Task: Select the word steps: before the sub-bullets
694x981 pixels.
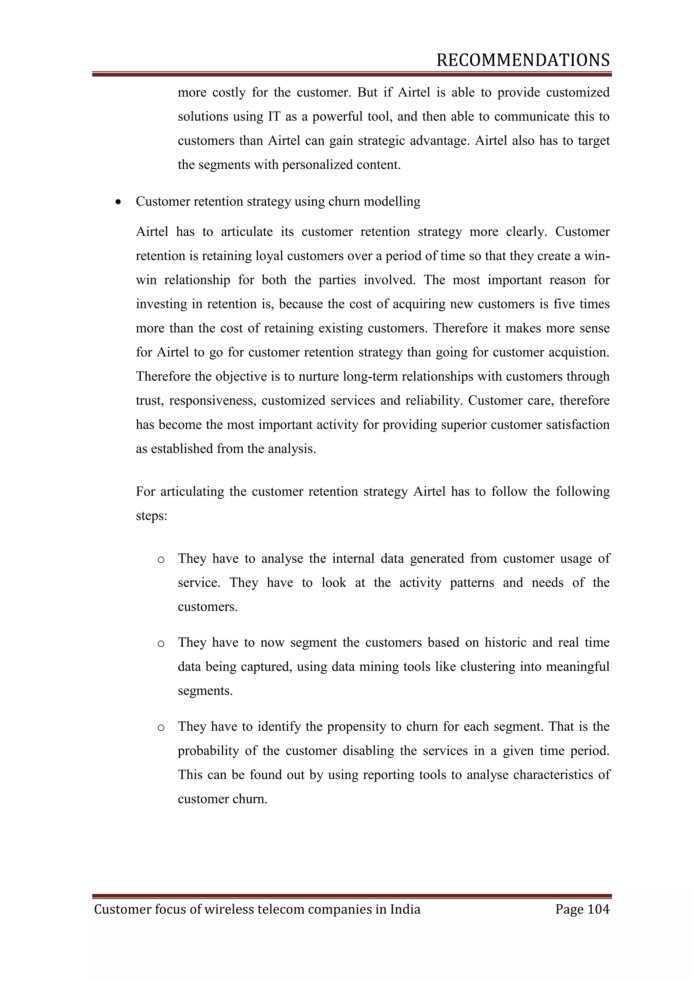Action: pos(151,516)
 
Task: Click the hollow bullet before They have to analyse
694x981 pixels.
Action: pos(161,559)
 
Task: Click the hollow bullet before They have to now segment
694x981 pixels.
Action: pos(161,643)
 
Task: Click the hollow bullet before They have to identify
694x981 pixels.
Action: pos(161,727)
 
